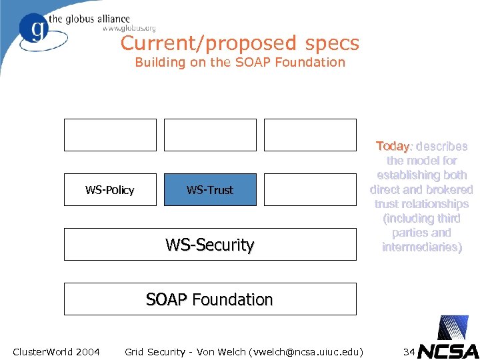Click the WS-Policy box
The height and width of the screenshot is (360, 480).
click(x=110, y=190)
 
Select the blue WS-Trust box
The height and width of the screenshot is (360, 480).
click(x=210, y=190)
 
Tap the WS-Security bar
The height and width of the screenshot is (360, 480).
click(x=210, y=245)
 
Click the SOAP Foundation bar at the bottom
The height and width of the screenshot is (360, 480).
click(x=210, y=299)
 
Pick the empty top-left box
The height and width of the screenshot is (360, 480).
click(x=110, y=135)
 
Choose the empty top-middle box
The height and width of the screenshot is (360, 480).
click(x=210, y=135)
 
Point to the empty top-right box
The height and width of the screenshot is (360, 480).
click(x=310, y=135)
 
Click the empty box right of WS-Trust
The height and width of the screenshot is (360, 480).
click(x=310, y=190)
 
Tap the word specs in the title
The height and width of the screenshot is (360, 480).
click(x=332, y=44)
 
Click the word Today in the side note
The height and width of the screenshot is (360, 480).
click(x=392, y=146)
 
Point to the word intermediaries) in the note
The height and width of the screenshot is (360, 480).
click(x=421, y=247)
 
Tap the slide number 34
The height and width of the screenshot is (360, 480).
click(x=409, y=351)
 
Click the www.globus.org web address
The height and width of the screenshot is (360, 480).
click(x=129, y=29)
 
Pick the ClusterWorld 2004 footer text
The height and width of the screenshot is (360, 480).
click(x=56, y=351)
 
